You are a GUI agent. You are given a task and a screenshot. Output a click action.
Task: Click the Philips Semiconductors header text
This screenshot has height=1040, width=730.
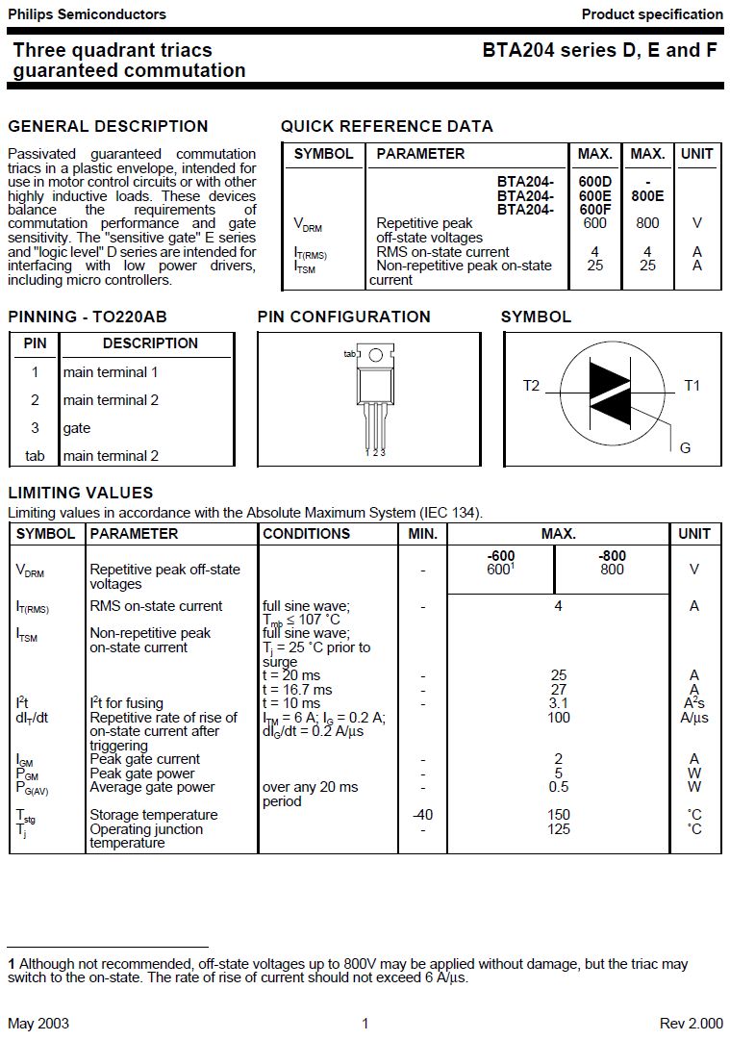87,14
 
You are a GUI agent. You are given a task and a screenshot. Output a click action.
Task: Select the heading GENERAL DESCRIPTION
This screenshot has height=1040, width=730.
108,126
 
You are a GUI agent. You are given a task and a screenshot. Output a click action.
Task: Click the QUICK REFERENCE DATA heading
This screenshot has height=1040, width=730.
387,126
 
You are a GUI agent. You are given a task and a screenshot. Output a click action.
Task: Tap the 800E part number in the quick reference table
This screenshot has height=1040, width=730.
647,195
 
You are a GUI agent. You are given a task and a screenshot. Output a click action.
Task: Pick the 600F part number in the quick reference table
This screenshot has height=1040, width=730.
595,210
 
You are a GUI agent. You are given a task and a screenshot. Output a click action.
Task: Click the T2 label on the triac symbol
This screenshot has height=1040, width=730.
532,386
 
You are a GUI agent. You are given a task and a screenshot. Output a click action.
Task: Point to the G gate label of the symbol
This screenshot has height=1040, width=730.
686,448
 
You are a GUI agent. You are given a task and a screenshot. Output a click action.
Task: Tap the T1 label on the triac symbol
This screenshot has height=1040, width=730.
692,386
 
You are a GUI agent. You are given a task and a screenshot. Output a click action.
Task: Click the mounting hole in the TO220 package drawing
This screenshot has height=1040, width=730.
376,355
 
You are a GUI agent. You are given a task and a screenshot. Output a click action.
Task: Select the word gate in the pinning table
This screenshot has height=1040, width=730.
77,428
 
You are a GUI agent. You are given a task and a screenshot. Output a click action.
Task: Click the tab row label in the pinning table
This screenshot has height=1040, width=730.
35,456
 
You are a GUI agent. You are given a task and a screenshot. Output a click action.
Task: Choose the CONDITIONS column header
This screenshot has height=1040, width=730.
306,534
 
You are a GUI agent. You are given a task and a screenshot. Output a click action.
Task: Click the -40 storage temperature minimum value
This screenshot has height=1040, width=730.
422,815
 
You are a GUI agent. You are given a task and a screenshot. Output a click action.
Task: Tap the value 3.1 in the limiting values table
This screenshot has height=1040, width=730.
558,703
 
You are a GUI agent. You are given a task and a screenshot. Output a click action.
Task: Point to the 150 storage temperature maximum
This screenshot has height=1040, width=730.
558,815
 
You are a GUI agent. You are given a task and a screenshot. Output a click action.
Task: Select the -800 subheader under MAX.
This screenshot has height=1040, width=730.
612,556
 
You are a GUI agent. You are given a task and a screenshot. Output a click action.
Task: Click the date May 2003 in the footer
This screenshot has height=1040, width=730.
38,1024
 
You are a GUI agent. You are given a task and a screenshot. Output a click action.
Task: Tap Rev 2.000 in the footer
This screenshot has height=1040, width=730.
691,1024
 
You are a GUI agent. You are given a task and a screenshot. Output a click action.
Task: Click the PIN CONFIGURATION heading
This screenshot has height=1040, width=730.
343,317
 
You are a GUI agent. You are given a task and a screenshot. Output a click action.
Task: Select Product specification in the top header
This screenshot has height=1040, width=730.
652,14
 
